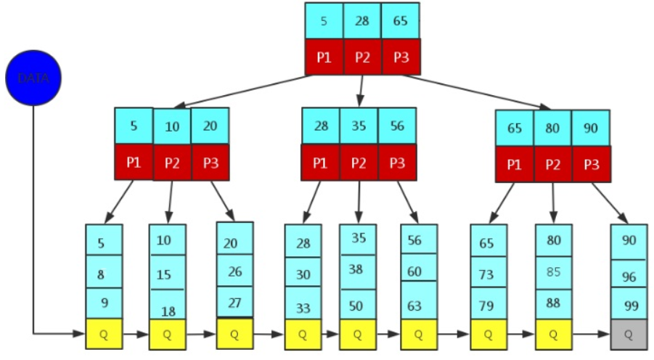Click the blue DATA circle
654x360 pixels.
[x=33, y=78]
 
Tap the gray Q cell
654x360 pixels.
[x=629, y=335]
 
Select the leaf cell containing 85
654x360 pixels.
[x=554, y=272]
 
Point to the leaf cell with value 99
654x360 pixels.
[x=629, y=306]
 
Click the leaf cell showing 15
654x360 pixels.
[x=167, y=272]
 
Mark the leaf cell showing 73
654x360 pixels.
[x=489, y=273]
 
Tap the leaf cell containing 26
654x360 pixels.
[x=235, y=270]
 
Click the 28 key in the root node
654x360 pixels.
[x=362, y=21]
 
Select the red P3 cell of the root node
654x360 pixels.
[x=401, y=57]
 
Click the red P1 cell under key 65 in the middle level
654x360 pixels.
[x=515, y=164]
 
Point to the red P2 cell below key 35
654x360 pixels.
[x=359, y=163]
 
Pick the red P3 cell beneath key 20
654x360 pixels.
[x=210, y=163]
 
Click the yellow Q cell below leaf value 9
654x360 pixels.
[x=104, y=334]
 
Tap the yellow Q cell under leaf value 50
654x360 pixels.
[x=358, y=335]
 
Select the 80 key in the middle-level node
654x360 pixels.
[x=552, y=128]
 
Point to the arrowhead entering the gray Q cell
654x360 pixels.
[x=605, y=334]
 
